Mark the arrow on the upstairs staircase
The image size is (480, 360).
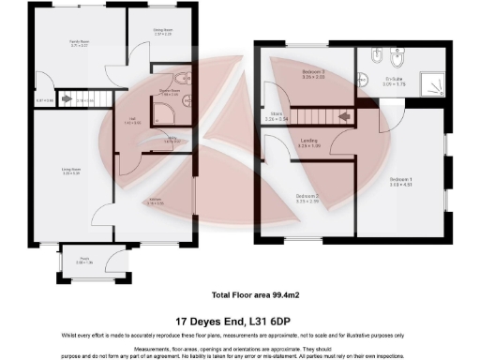[344, 116]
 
